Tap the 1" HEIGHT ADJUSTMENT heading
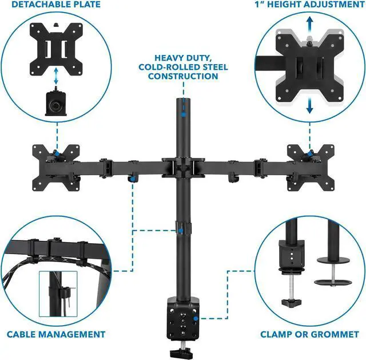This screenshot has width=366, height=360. (x=309, y=5)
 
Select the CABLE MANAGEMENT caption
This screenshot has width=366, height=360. (x=56, y=334)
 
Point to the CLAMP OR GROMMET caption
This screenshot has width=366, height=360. (x=309, y=334)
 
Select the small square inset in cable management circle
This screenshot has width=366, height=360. (x=57, y=292)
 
